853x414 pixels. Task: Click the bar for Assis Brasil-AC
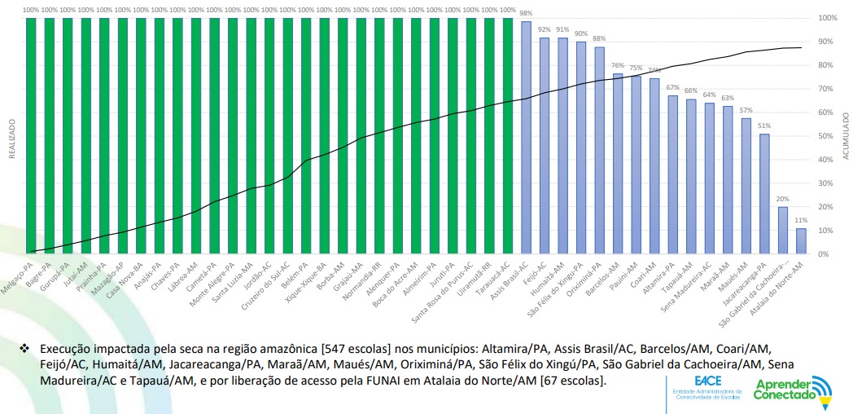[x=526, y=139]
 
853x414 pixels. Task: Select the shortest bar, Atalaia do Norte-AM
[x=801, y=241]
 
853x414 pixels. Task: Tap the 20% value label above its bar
[x=782, y=200]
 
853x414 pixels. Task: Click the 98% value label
[x=526, y=14]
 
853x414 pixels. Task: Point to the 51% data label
[x=763, y=126]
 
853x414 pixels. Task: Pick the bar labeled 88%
[x=599, y=151]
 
